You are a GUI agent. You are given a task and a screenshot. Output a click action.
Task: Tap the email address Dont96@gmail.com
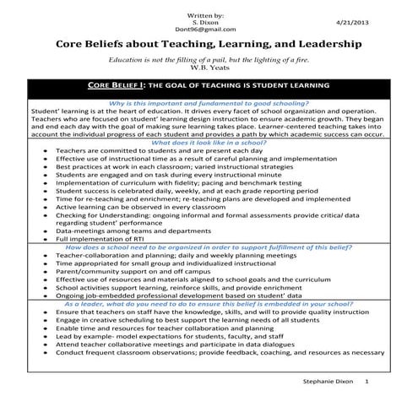pyautogui.click(x=209, y=29)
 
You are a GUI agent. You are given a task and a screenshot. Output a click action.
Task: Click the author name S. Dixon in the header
pyautogui.click(x=209, y=22)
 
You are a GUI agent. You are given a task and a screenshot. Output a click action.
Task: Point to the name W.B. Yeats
pyautogui.click(x=209, y=68)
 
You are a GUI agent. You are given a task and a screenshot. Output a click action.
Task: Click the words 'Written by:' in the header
pyautogui.click(x=209, y=15)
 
